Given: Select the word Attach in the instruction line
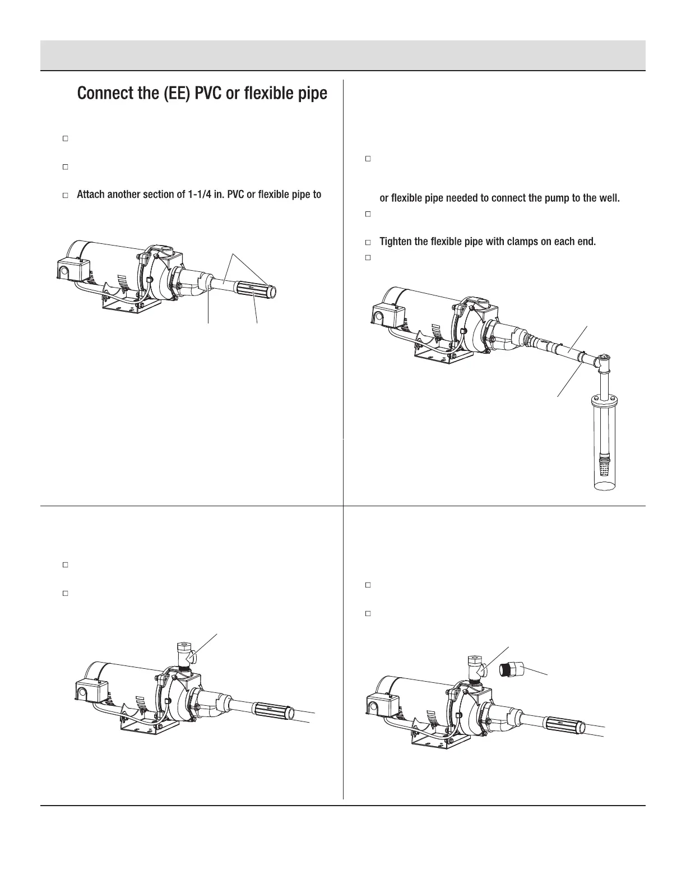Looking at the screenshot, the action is pos(90,195).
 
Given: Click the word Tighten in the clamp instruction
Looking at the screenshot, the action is pos(396,242).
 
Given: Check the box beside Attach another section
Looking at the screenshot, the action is pos(65,196).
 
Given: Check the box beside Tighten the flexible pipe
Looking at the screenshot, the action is pos(368,243).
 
